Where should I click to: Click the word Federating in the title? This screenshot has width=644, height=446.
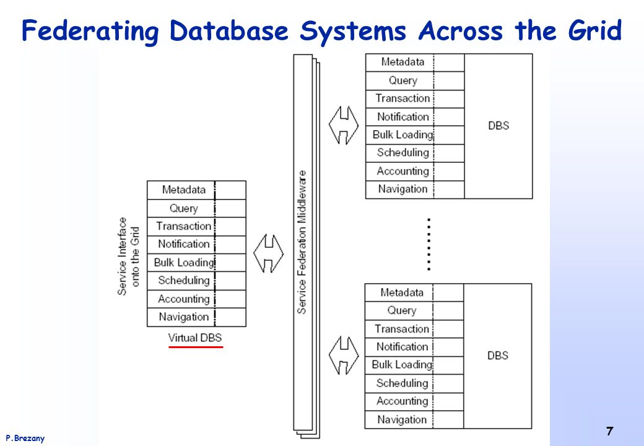(90, 31)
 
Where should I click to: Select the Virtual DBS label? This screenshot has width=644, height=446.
(194, 338)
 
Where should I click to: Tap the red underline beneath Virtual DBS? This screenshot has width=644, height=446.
(196, 347)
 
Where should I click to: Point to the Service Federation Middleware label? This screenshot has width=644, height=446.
(302, 242)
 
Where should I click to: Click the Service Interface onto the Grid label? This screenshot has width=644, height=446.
(128, 256)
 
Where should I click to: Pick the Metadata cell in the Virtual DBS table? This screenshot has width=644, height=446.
(183, 190)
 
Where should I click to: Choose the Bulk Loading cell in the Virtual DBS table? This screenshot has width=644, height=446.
(184, 263)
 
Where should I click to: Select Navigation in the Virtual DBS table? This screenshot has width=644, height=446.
(183, 317)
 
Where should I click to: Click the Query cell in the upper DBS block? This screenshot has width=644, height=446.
(403, 81)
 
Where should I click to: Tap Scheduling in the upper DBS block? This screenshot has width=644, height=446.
(402, 153)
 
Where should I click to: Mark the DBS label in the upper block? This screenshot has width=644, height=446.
(498, 126)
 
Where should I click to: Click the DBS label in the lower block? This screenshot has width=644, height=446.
(497, 356)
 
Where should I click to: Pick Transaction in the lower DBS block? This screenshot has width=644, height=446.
(402, 329)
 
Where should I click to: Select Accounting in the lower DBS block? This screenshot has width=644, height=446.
(402, 401)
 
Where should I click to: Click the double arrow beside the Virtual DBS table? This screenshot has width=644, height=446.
(269, 253)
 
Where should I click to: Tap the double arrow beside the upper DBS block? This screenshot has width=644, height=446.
(344, 125)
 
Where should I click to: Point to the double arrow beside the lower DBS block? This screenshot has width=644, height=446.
(344, 356)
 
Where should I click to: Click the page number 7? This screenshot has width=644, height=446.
(609, 431)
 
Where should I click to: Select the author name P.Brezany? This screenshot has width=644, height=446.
(25, 438)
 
